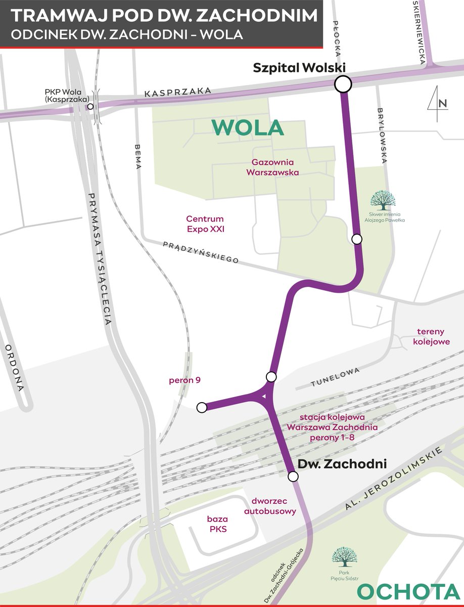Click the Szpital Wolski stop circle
click(343, 84)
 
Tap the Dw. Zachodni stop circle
click(293, 476)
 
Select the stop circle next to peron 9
click(202, 407)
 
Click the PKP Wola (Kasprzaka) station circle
click(90, 107)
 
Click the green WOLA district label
click(248, 127)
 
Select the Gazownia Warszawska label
click(272, 167)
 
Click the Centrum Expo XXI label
click(205, 224)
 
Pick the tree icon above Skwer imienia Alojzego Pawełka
click(383, 200)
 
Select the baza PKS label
click(217, 524)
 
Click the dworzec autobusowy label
click(270, 506)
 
